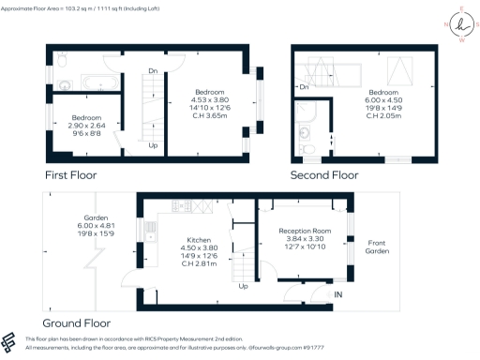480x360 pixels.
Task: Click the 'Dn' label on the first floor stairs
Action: pyautogui.click(x=151, y=70)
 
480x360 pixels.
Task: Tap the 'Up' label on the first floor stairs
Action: pyautogui.click(x=152, y=145)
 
